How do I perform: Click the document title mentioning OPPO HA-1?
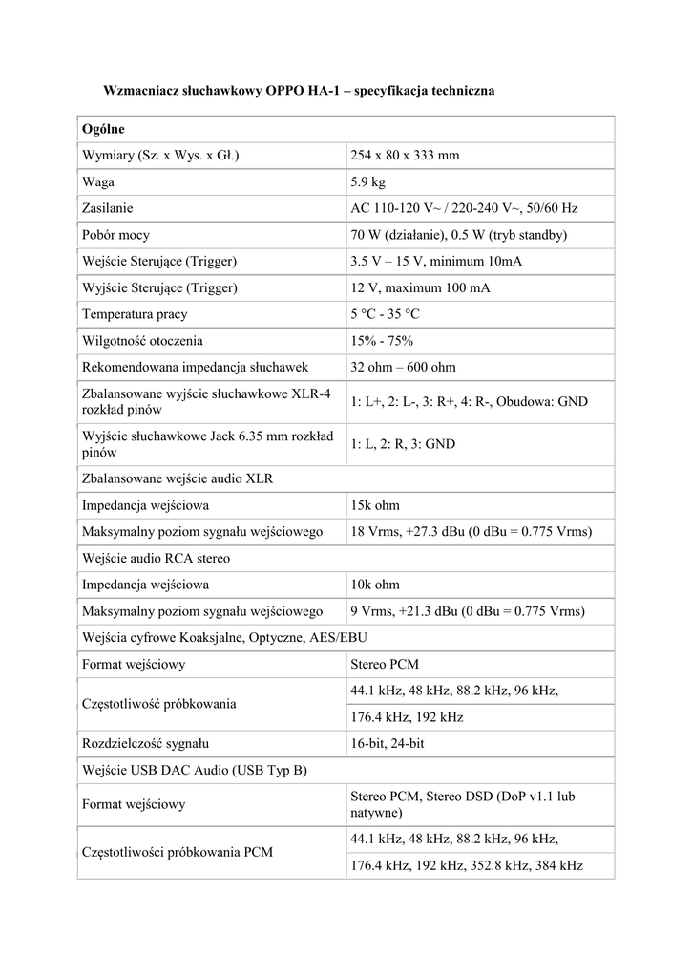(x=299, y=90)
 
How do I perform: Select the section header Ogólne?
(x=104, y=128)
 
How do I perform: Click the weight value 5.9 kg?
(x=367, y=181)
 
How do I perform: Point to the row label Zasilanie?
(x=107, y=208)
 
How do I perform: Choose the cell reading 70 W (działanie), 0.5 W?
(x=459, y=235)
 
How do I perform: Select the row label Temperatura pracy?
(x=135, y=314)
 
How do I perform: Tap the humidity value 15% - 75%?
(x=382, y=341)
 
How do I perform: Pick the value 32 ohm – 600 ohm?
(x=403, y=368)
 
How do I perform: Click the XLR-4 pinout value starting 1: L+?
(x=469, y=402)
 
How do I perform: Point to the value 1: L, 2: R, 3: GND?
(x=403, y=444)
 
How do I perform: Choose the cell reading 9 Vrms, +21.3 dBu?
(x=468, y=611)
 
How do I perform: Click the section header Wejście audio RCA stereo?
(x=156, y=558)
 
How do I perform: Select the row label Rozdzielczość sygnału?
(x=145, y=742)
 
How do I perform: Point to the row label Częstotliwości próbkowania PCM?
(x=178, y=851)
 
